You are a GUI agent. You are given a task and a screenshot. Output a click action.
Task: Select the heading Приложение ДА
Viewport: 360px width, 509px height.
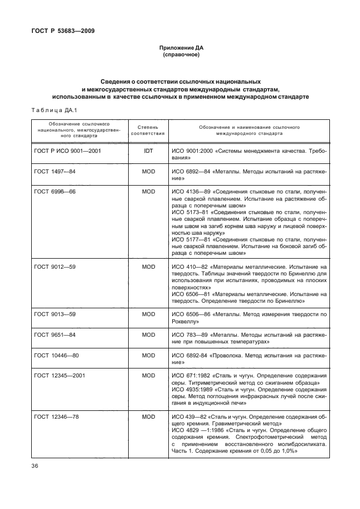pos(181,49)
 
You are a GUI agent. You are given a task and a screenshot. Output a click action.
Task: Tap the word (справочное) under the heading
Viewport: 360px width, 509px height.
pos(181,56)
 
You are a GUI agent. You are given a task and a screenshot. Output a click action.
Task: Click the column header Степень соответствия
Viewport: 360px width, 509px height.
pos(148,130)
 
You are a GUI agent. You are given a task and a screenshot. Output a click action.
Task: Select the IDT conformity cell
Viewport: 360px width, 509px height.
pos(148,151)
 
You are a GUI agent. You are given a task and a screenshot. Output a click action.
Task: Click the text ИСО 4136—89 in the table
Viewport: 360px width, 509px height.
pos(188,191)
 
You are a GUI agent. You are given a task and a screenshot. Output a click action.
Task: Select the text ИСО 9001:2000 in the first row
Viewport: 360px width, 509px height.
pos(191,151)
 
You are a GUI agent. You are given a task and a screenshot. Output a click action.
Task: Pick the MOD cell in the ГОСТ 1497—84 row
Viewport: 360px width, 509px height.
pos(148,171)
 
